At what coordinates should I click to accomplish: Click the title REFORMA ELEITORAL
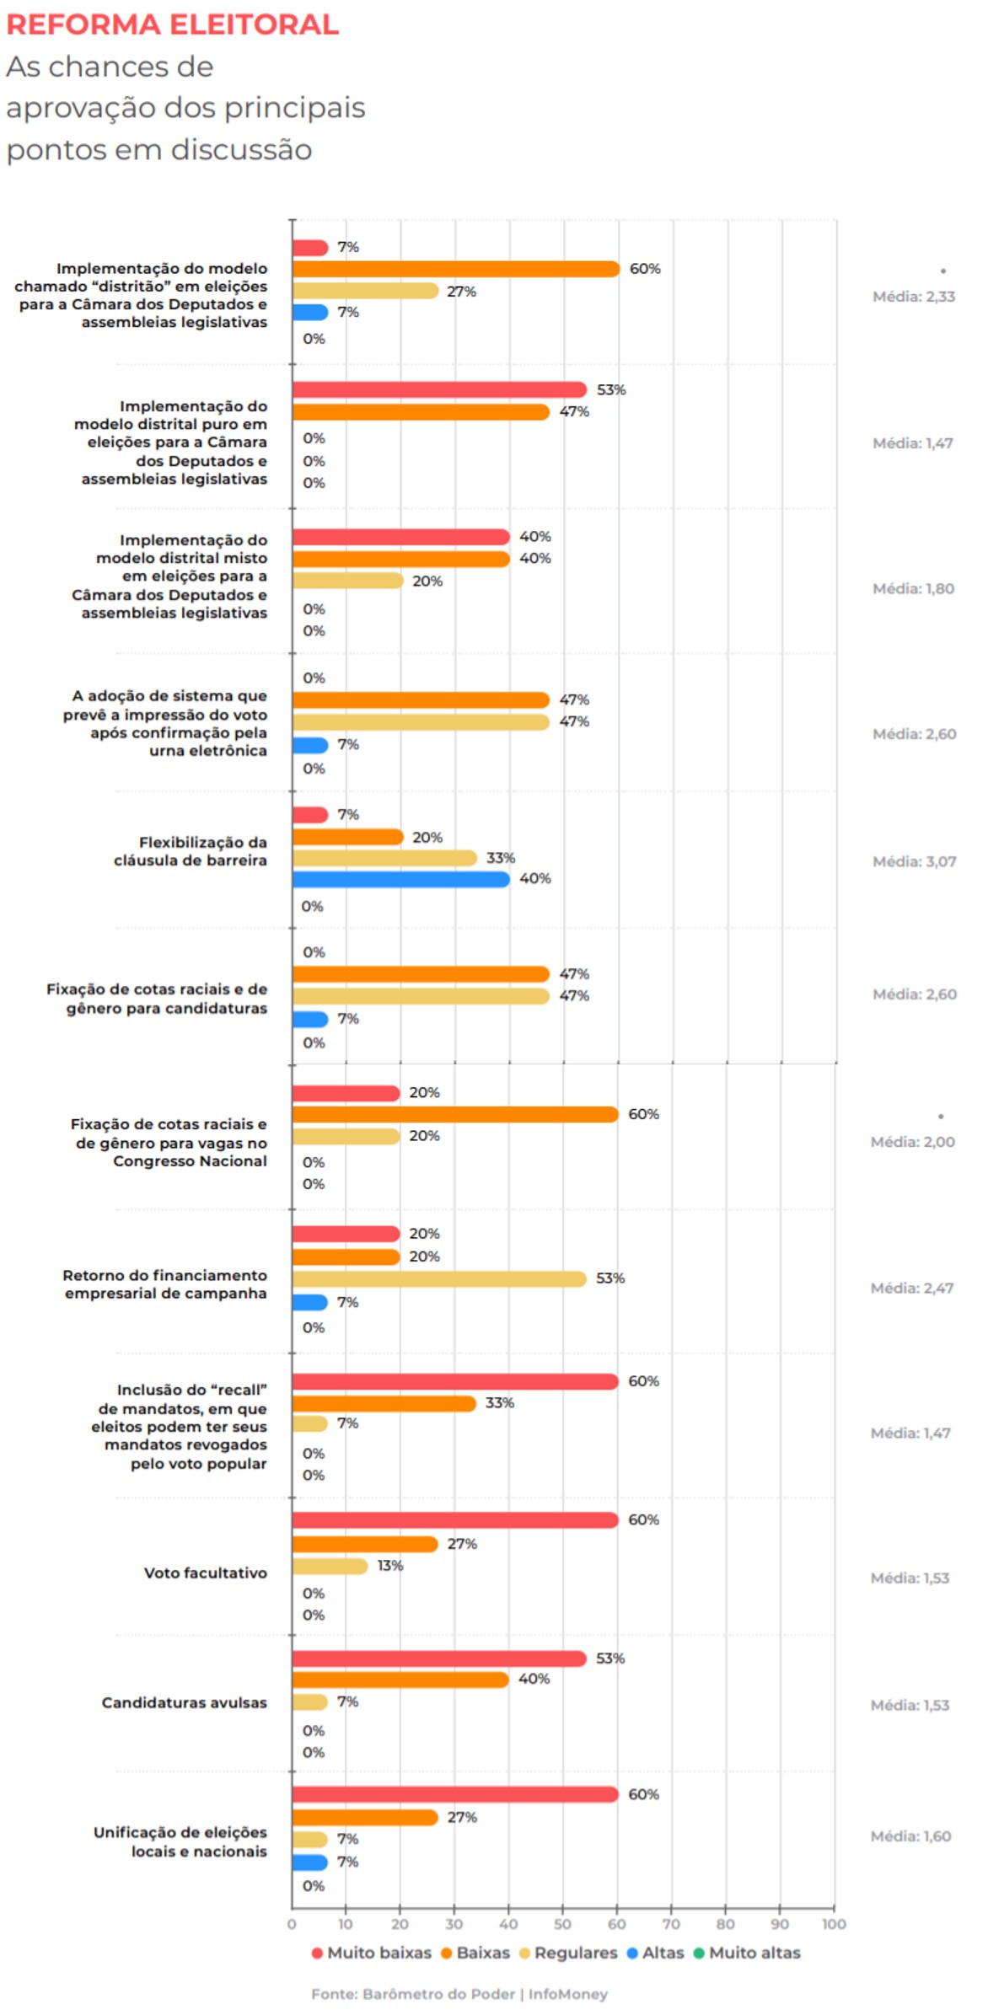pos(172,24)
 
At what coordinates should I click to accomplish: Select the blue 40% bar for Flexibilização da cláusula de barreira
pos(401,879)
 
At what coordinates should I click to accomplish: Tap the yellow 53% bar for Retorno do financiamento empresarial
pos(439,1278)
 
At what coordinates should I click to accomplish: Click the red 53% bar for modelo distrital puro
pos(439,389)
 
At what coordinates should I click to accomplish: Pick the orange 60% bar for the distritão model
pos(456,269)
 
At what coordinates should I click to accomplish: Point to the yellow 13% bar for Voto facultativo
pos(330,1566)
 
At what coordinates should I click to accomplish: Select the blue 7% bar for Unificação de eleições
pos(310,1862)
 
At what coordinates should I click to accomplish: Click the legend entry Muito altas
pos(747,1953)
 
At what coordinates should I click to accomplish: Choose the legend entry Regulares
pos(568,1953)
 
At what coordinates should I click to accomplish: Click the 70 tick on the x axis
pos(671,1924)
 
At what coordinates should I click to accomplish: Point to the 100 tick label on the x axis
pos(834,1924)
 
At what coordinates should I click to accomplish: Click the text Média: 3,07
pos(914,861)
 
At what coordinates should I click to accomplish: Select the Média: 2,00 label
pos(912,1142)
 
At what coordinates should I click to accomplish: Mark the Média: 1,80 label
pos(913,588)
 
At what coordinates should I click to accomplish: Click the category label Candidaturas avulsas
pos(184,1702)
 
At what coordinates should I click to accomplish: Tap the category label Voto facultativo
pos(205,1573)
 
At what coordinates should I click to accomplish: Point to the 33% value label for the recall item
pos(499,1402)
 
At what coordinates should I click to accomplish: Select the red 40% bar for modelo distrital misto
pos(401,537)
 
